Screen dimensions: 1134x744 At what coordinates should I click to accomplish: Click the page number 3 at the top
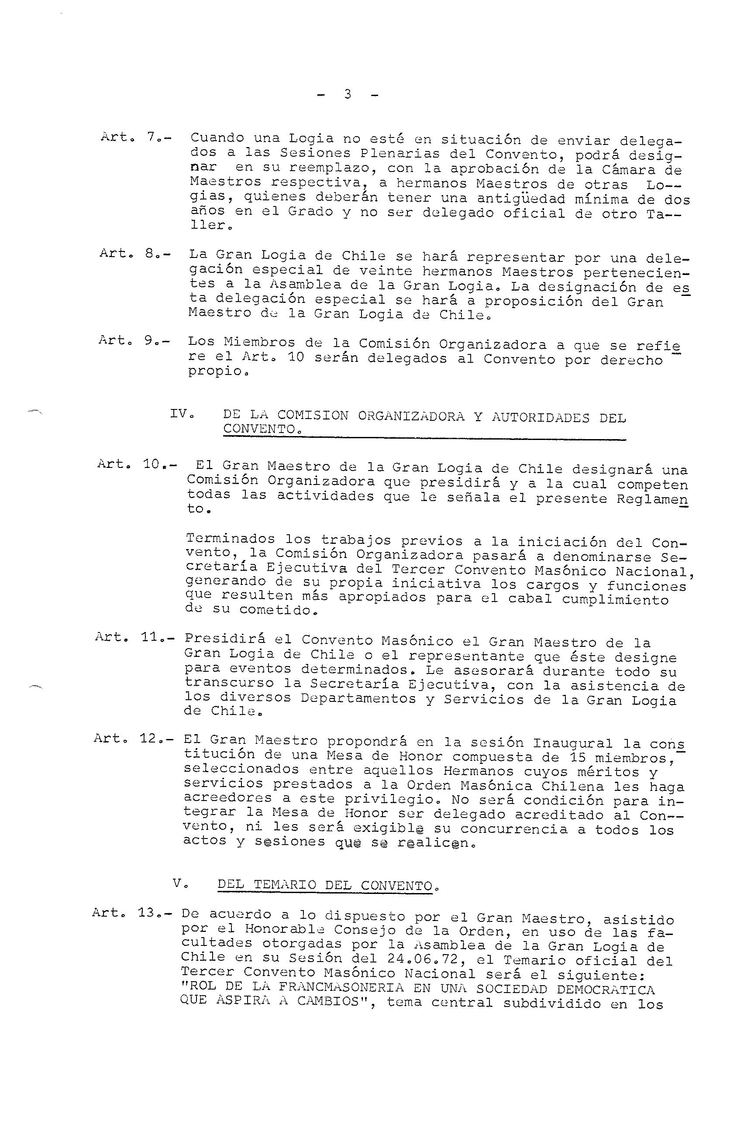pos(347,94)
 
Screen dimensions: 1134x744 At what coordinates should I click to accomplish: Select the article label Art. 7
pos(136,137)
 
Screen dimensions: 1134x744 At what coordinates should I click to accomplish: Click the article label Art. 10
pos(136,464)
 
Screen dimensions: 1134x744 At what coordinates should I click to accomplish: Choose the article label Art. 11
pos(134,637)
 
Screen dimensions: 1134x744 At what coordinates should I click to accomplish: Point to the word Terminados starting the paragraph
pos(230,539)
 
